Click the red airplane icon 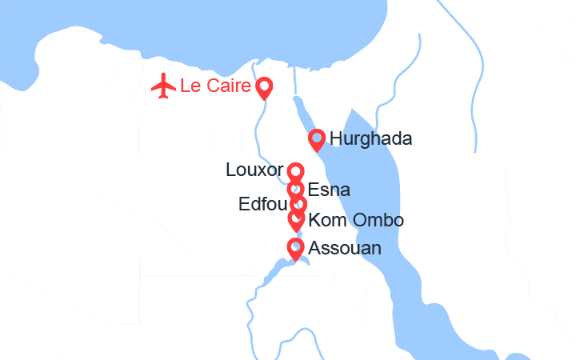click(164, 86)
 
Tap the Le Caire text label click(215, 86)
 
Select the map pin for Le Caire click(263, 87)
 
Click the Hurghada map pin click(317, 140)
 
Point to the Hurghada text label click(370, 139)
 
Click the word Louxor click(254, 170)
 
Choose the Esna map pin click(296, 190)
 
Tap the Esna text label click(329, 190)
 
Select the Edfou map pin click(298, 205)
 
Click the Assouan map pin click(295, 249)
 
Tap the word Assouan click(344, 249)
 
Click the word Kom click(323, 220)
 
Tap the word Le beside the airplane click(190, 86)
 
